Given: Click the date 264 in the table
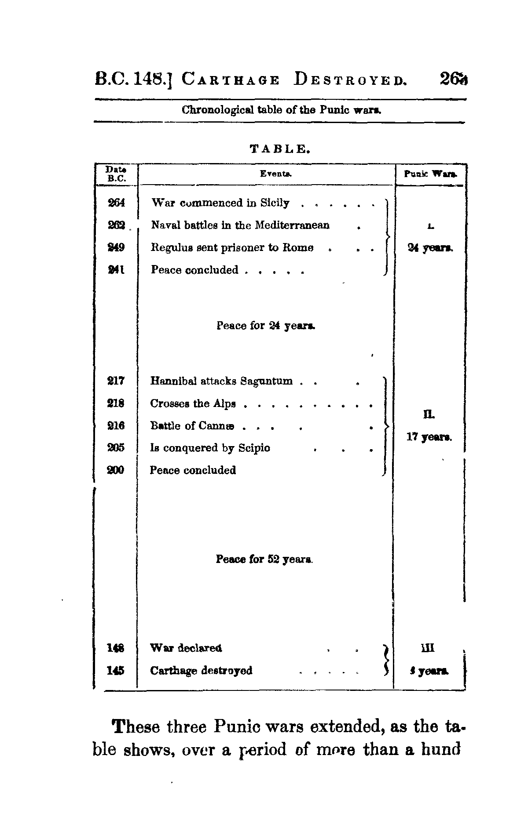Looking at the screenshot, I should pos(117,203).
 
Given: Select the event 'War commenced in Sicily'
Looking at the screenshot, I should pos(220,203).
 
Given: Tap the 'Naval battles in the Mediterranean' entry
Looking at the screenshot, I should pos(240,225).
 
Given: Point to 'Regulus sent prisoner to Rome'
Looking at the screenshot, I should pos(232,248).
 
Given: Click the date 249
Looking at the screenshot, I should pos(117,248).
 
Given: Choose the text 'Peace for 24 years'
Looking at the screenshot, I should pos(266,326).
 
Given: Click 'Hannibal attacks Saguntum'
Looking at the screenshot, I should pos(221,381).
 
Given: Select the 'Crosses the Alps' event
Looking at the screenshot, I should pos(193,403).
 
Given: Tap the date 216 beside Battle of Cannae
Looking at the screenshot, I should pos(116,426).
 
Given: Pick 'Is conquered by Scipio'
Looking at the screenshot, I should pos(210,448).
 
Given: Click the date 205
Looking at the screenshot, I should pos(116,448).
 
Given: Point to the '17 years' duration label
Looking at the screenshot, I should pos(429,437).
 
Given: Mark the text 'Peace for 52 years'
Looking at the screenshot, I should pos(264,559).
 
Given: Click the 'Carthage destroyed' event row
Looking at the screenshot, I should pos(201,671).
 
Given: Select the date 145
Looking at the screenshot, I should pos(116,671).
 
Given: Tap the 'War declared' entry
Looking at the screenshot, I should pos(186,648).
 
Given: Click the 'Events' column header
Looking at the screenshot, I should pos(276,174).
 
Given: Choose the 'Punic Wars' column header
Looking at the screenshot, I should pos(430,174).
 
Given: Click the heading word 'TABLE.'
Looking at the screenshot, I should pos(281,149).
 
